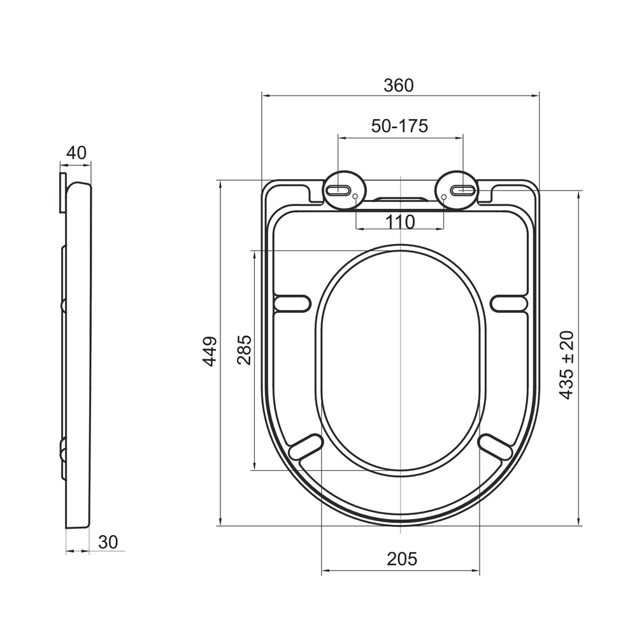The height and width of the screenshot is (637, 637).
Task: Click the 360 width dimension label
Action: point(399,85)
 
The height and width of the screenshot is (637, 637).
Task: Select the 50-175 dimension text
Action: point(400,126)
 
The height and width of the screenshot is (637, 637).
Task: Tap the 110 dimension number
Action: point(400,222)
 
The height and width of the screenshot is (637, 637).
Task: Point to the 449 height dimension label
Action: point(210,352)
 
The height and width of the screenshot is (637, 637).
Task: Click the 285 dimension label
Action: point(244,350)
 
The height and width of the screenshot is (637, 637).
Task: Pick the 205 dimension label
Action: point(402,559)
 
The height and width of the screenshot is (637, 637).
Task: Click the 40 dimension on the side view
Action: point(76,153)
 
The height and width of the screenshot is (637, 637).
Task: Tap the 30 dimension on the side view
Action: point(108,542)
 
